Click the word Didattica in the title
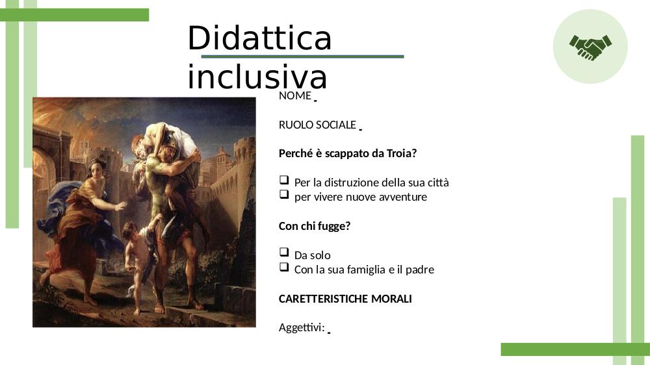(x=259, y=38)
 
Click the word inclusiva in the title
(x=257, y=77)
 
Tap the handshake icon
(x=590, y=47)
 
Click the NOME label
(x=294, y=95)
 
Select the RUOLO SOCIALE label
(x=317, y=125)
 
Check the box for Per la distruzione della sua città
(x=284, y=180)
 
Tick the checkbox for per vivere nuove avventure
(x=284, y=194)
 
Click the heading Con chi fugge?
(x=315, y=226)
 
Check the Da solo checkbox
(x=284, y=252)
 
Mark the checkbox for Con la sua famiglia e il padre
(x=284, y=266)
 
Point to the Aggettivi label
(x=302, y=328)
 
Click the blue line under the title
(x=302, y=57)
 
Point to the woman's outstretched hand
(x=121, y=205)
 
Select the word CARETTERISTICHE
(x=323, y=299)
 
